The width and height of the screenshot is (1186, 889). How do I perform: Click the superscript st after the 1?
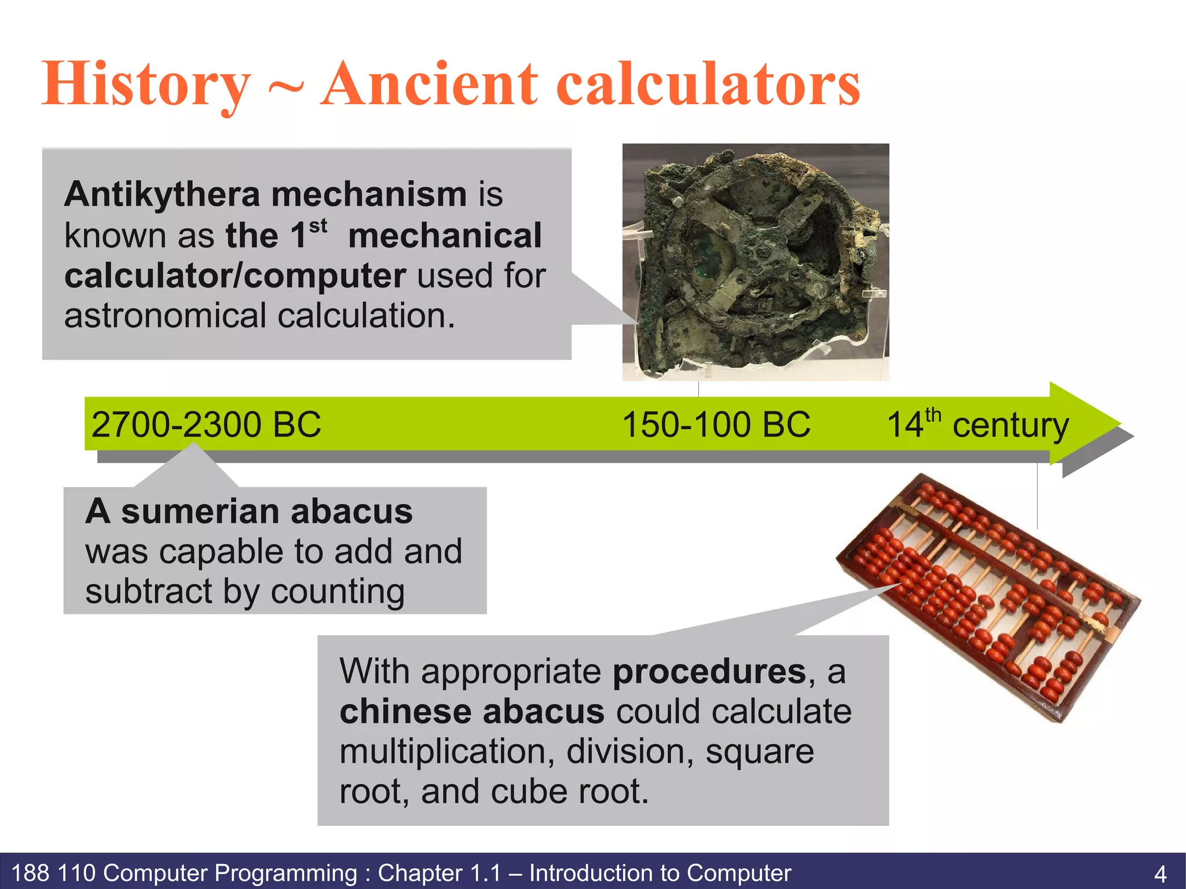[318, 226]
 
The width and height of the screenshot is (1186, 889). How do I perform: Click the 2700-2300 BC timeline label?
[206, 425]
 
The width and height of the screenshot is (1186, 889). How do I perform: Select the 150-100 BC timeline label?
[716, 425]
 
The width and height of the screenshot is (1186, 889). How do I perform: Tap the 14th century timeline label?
[978, 425]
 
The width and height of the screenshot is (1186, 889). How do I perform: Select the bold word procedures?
[709, 672]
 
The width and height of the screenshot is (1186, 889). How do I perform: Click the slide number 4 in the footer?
[1160, 873]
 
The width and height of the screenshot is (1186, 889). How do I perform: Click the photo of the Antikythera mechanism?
[755, 262]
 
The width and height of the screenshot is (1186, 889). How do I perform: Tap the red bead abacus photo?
[988, 597]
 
